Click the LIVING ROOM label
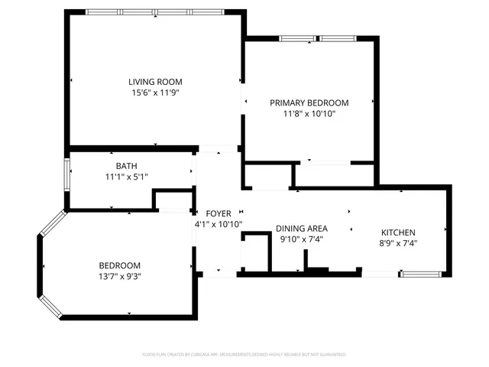coord(155,81)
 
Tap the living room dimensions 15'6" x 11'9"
coord(155,92)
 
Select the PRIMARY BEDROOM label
coord(309,102)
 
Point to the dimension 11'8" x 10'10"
coord(309,113)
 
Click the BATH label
coord(126,166)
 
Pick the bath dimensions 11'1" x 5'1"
coord(126,177)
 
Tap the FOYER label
coord(219,213)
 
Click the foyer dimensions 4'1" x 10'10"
coord(219,224)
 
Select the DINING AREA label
coord(302,229)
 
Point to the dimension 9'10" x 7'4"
coord(302,239)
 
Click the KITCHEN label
coord(398,233)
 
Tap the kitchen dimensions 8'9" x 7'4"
coord(398,244)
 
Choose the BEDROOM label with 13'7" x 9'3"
coord(119,265)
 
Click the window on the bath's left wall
coord(67,177)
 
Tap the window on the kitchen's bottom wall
coord(419,273)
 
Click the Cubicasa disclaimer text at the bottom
coord(244,354)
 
